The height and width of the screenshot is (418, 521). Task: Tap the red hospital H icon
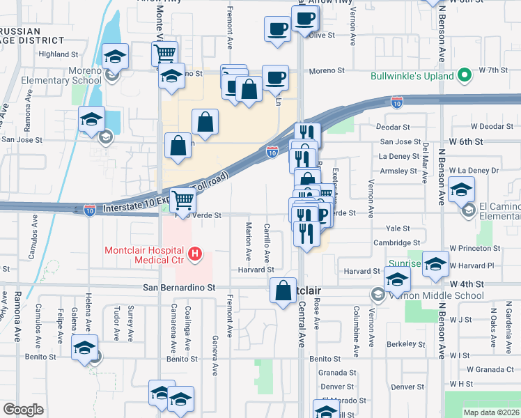click(x=196, y=255)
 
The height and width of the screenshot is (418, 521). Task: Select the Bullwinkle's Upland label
click(x=412, y=75)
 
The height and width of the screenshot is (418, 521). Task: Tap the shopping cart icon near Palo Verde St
click(x=182, y=200)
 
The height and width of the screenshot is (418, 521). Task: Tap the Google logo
click(x=23, y=410)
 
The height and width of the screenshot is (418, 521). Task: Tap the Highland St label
click(x=59, y=54)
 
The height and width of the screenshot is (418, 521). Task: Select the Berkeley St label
click(x=406, y=343)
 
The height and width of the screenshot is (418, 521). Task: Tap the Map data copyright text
click(x=490, y=412)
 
